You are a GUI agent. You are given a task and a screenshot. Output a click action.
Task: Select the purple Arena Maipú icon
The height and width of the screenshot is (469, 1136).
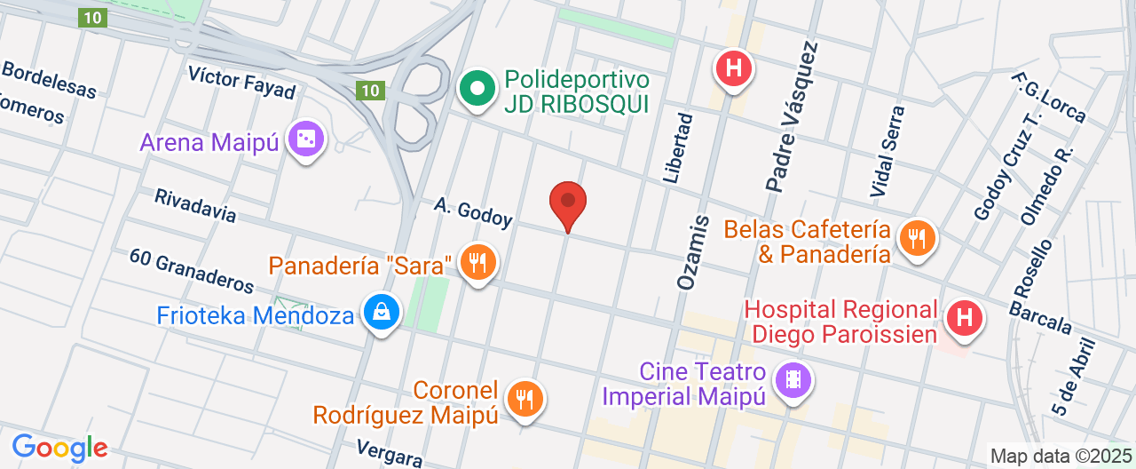coord(306,139)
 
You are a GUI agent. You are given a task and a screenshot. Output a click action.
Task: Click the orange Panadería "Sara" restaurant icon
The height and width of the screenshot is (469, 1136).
coord(478,262)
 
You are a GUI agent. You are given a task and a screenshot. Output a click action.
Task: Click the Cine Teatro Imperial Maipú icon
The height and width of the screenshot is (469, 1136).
coord(793,381)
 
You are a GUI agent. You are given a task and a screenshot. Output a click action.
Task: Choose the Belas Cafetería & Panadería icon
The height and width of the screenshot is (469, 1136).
coord(916,238)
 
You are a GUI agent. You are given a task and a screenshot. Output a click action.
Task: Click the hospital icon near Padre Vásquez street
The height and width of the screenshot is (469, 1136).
coord(734,68)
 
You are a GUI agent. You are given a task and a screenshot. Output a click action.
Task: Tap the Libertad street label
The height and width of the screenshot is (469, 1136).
coord(677,148)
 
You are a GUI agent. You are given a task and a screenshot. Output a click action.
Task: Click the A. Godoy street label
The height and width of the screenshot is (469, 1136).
coord(473,212)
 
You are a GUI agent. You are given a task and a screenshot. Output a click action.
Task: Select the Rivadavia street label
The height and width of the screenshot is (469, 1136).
coord(195,205)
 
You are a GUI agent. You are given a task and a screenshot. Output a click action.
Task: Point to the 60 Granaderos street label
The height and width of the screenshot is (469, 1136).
coord(192,270)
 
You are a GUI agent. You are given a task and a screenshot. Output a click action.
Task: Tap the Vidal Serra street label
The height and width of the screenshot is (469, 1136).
coord(887,151)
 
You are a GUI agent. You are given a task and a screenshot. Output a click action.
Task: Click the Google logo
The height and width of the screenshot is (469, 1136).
coord(59,448)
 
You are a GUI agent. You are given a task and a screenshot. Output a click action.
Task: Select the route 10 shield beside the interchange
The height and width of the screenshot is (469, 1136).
coord(370,90)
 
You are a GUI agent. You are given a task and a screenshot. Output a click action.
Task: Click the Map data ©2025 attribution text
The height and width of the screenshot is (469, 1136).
coord(1061,457)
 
